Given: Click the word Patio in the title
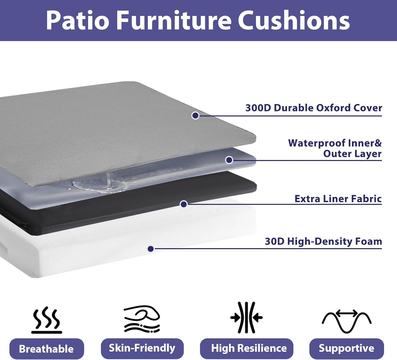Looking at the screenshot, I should [77, 21].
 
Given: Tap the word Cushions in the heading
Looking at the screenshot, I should [294, 21].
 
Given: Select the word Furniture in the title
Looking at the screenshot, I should [174, 21].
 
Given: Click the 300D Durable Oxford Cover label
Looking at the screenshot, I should [314, 108].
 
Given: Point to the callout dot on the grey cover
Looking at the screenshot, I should [195, 116].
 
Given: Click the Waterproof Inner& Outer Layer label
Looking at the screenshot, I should [335, 148].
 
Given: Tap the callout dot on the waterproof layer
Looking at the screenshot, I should [229, 160].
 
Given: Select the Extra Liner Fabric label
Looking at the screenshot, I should [338, 199].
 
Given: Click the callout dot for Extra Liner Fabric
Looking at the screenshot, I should [184, 204].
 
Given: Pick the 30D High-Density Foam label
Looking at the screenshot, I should [323, 241].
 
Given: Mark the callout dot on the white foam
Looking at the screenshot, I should [151, 249].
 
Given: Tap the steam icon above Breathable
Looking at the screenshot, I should [47, 320].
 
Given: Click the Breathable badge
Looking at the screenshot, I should [47, 349].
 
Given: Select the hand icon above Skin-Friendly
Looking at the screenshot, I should [142, 318].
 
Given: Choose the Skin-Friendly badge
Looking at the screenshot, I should [142, 348].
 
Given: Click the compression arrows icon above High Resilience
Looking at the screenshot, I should [246, 317].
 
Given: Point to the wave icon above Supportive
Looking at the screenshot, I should [346, 321].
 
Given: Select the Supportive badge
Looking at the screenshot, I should [346, 348].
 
